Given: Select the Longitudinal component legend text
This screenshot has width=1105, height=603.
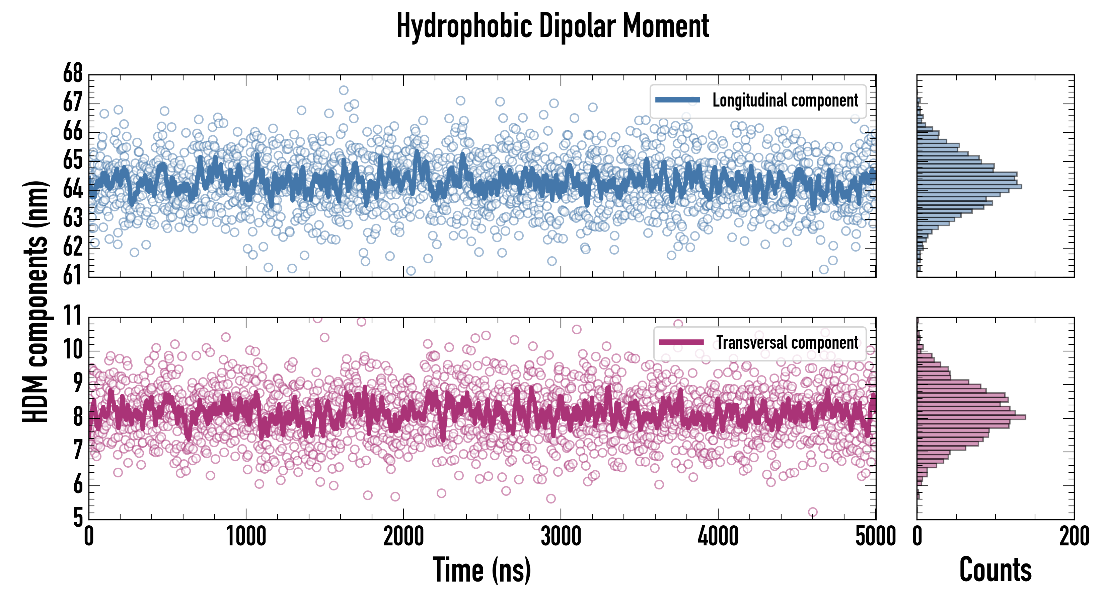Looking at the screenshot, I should tap(785, 100).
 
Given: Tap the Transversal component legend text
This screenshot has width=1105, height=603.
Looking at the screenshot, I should tap(787, 342).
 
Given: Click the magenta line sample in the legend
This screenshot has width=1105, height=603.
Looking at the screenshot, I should tap(681, 342).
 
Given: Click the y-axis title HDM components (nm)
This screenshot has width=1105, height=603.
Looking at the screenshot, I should tap(35, 300).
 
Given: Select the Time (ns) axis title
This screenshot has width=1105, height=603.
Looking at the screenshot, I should tap(482, 570).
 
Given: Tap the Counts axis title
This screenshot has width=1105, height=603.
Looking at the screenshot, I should tap(995, 570).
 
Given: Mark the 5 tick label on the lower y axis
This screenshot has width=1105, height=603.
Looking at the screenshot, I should tap(78, 518).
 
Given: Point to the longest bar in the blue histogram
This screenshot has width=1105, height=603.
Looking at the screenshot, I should tap(969, 187).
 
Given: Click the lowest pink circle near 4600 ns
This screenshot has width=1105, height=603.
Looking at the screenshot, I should tap(812, 512).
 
